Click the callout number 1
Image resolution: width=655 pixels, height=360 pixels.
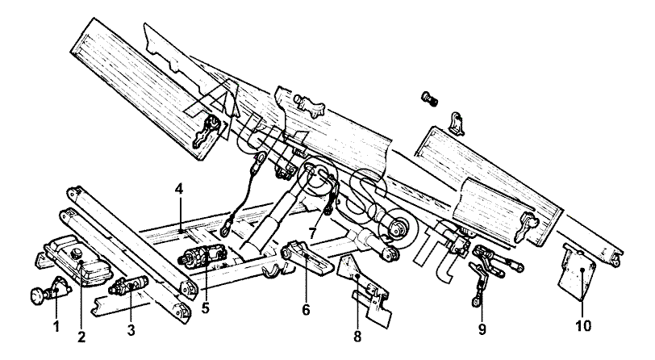(56, 326)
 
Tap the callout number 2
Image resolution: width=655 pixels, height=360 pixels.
(81, 337)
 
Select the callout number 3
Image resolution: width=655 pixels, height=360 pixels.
(131, 330)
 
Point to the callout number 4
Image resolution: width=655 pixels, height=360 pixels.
(179, 189)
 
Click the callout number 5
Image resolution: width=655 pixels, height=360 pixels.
(205, 308)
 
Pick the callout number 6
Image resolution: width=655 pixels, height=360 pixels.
(306, 310)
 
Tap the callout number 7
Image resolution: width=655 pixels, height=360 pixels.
(314, 232)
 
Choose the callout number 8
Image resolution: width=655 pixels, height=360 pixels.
(357, 337)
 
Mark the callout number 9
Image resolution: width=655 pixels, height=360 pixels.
(482, 329)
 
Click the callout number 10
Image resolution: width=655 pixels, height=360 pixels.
(583, 326)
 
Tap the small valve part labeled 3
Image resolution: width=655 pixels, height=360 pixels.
(128, 286)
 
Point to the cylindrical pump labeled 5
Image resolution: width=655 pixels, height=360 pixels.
(202, 257)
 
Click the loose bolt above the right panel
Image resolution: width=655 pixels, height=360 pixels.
(429, 99)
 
